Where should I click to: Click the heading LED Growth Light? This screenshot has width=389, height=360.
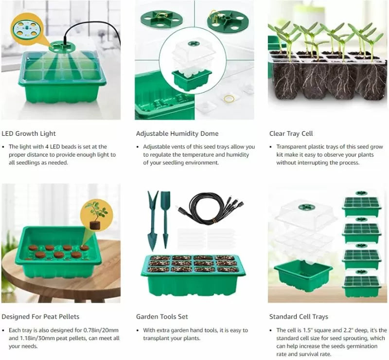[x=29, y=134]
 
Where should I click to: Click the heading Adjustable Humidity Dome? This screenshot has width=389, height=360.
[x=177, y=134]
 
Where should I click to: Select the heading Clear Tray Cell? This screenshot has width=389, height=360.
[x=291, y=134]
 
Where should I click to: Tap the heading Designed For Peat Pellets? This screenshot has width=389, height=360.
[x=40, y=317]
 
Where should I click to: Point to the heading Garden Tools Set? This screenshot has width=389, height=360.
[x=162, y=317]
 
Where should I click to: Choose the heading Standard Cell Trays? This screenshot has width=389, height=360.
[x=299, y=317]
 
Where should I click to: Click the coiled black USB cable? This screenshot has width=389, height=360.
[x=210, y=209]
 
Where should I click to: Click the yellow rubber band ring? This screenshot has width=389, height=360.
[x=229, y=99]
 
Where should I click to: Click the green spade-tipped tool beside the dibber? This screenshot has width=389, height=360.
[x=165, y=220]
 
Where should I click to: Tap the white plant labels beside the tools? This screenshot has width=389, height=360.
[x=206, y=238]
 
